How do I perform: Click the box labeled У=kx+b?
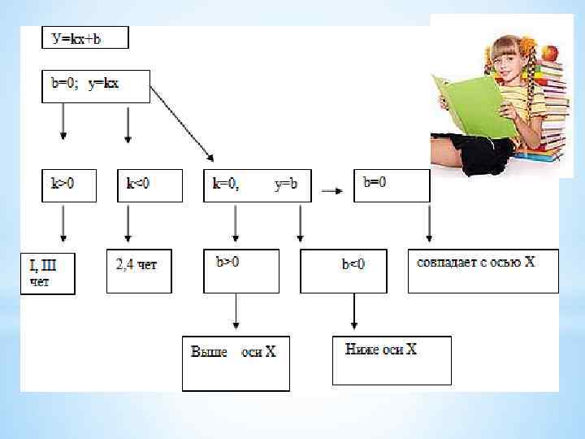coord(85,37)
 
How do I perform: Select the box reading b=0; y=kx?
coord(96,85)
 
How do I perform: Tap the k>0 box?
coord(68,185)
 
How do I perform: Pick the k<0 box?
coord(143,185)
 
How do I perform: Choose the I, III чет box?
coord(48,274)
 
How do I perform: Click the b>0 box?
coord(241,271)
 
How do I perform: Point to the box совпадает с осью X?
coord(483,271)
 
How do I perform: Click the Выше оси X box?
coord(235,362)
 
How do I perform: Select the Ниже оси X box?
coord(392,359)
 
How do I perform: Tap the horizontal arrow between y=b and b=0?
coord(331,191)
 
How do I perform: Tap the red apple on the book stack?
coord(551,54)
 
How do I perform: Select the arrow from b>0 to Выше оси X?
coord(236,313)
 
